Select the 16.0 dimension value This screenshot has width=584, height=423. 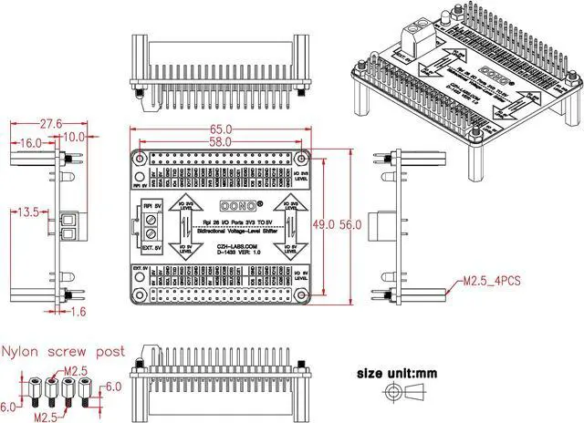pos(28,143)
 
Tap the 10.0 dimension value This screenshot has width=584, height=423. pos(74,137)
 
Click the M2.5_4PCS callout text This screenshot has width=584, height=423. pos(491,281)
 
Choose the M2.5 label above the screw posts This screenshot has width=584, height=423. pos(76,370)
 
